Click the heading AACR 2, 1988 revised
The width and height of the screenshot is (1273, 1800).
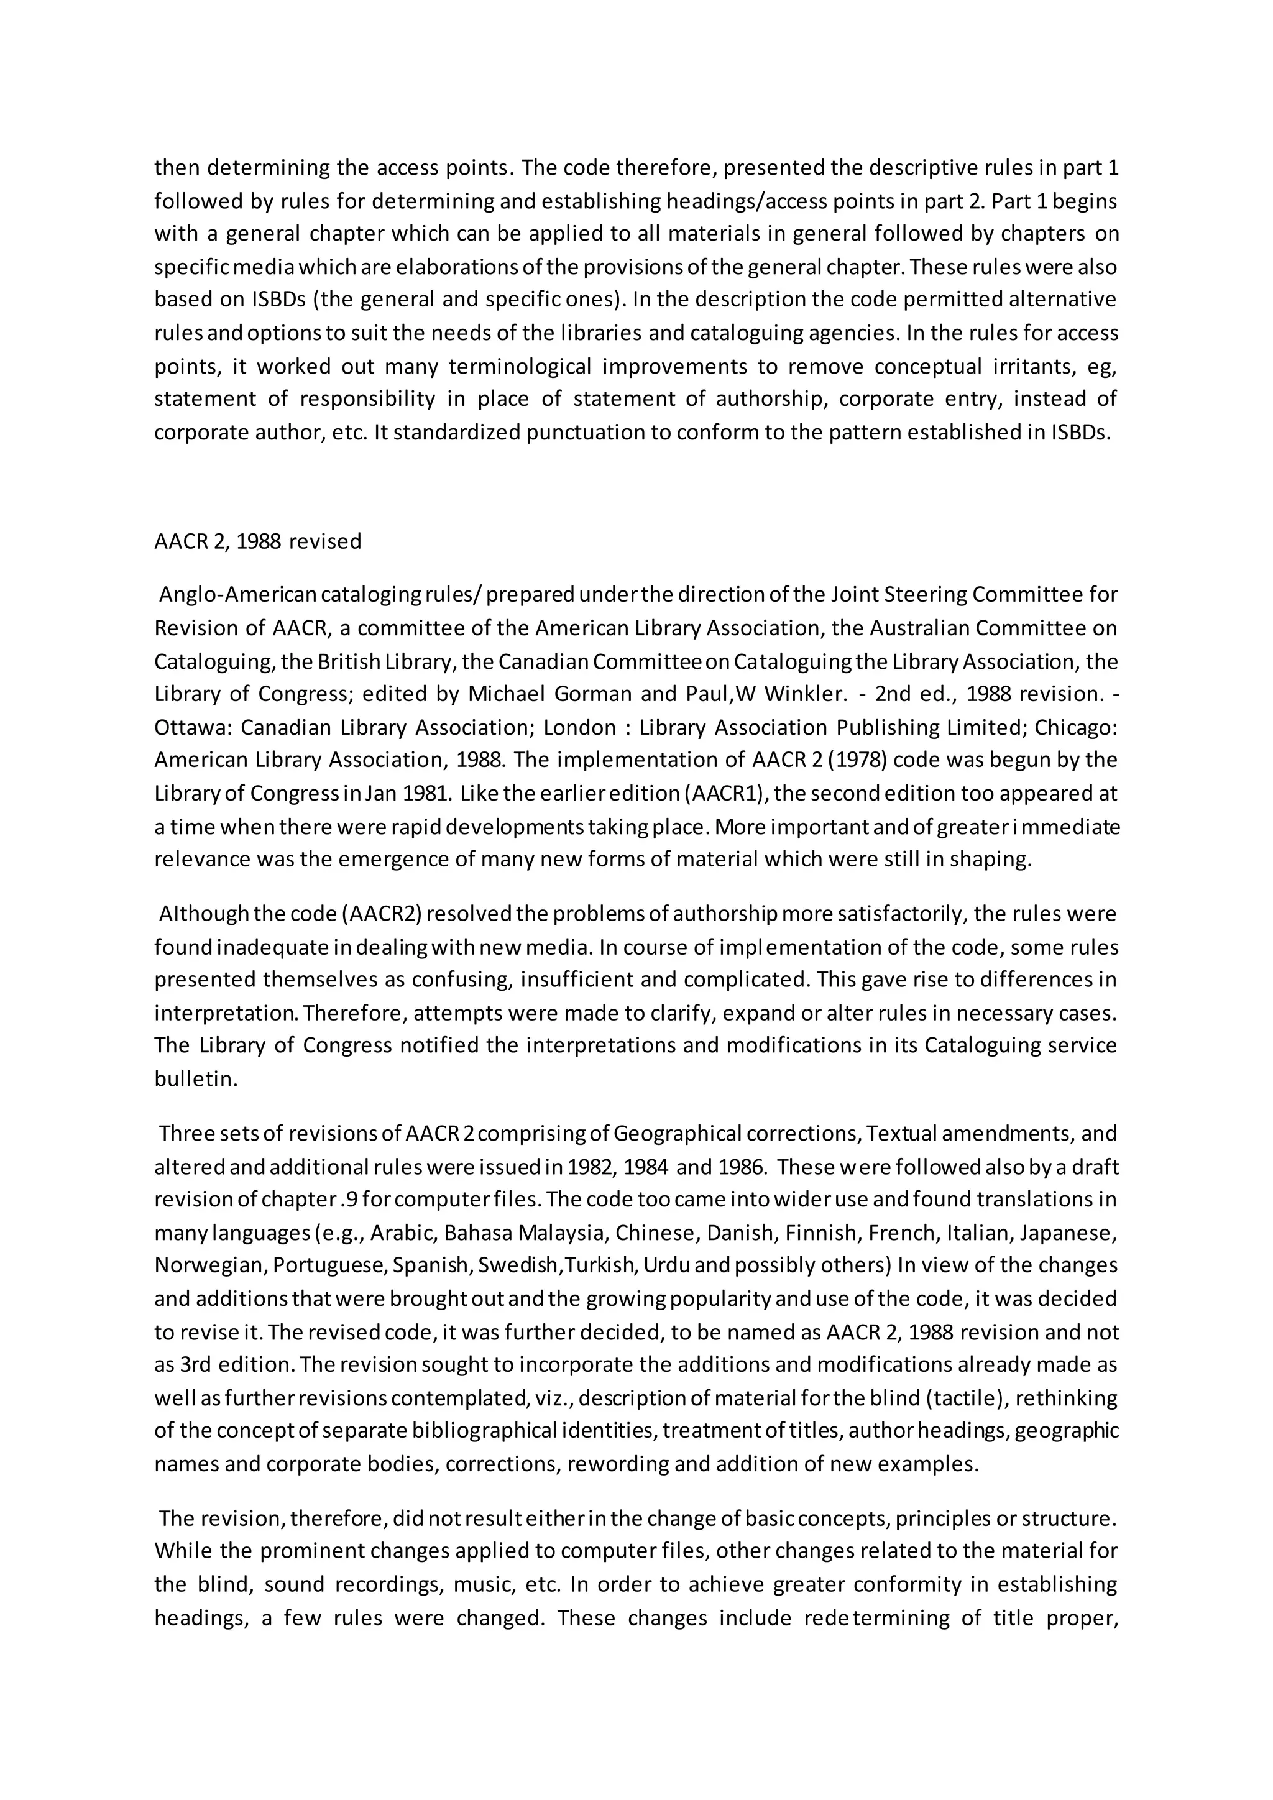point(257,542)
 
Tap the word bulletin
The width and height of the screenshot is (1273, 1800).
point(195,1079)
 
